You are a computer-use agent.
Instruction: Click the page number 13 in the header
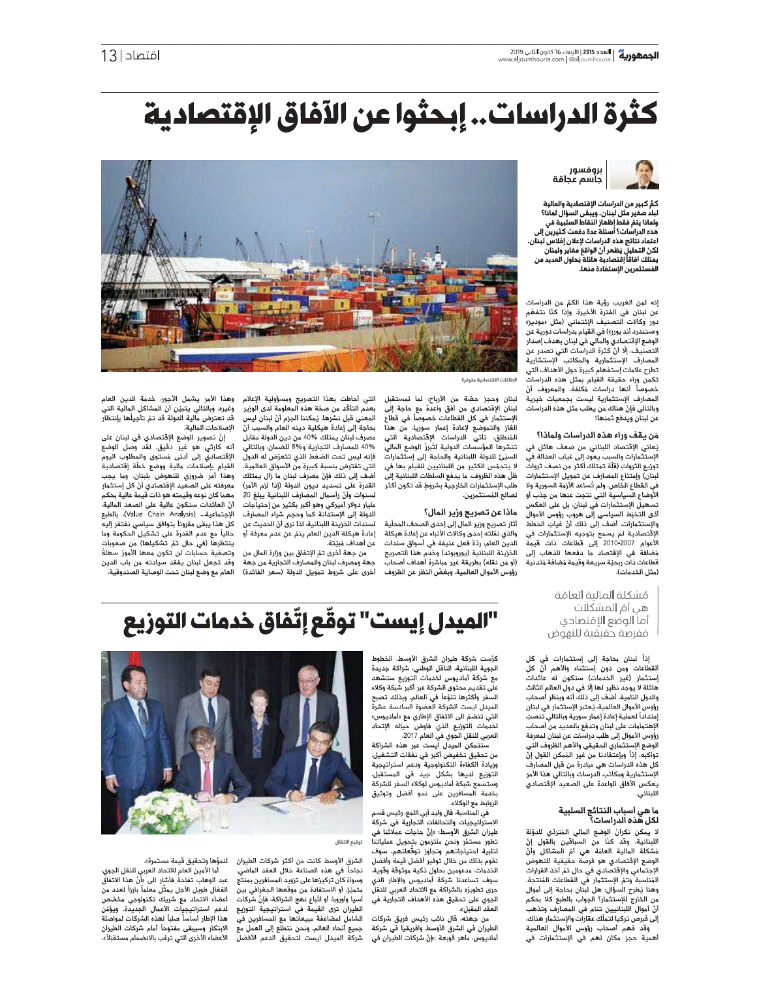coord(108,56)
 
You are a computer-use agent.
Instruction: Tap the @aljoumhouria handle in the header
coord(590,59)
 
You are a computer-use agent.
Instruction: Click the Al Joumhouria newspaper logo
coord(638,56)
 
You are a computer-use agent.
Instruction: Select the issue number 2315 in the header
coord(588,52)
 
